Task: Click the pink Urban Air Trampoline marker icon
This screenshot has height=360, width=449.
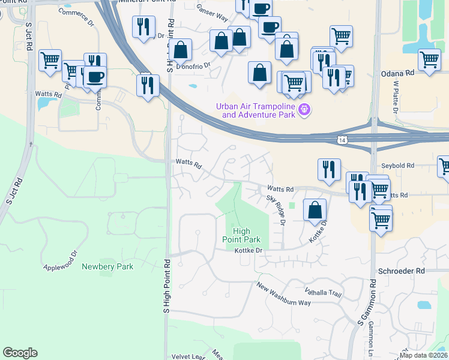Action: coord(304,109)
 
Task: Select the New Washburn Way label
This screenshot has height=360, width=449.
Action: coord(284,294)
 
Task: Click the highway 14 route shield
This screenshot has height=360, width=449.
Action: coord(342,140)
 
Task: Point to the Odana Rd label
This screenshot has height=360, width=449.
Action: coord(398,73)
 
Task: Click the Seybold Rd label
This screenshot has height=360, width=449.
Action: coord(397,166)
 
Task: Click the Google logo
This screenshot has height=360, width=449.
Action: coord(20,353)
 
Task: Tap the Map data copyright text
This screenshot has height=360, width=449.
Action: coord(423,355)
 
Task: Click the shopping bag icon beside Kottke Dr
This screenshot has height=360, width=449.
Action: coord(315,210)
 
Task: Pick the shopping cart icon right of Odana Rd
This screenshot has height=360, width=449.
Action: coord(429,61)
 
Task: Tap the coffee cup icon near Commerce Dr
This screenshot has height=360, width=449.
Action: coord(95,77)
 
